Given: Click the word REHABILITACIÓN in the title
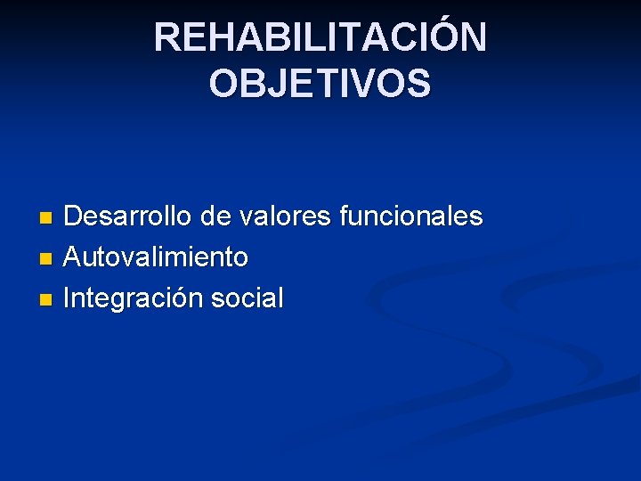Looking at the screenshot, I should (x=320, y=38).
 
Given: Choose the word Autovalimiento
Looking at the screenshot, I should (x=157, y=258).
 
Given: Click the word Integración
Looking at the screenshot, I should (x=134, y=299).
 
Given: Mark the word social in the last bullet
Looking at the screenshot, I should (x=247, y=299).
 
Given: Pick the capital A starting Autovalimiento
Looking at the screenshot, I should (x=74, y=258).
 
